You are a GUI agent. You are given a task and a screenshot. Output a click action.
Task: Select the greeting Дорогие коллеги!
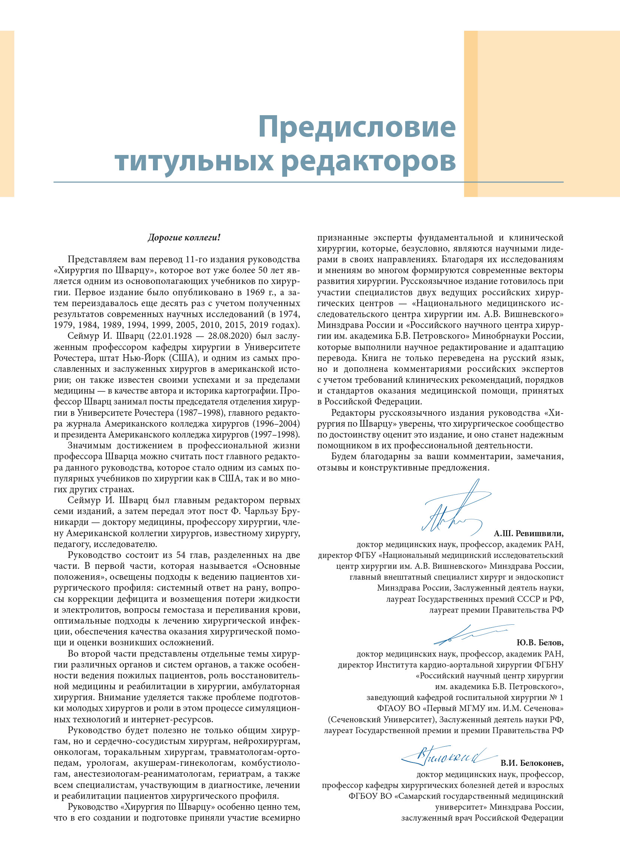184,238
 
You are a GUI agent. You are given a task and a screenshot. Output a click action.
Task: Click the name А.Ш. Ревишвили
528,534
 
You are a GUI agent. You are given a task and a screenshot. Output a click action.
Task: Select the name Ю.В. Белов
539,642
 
